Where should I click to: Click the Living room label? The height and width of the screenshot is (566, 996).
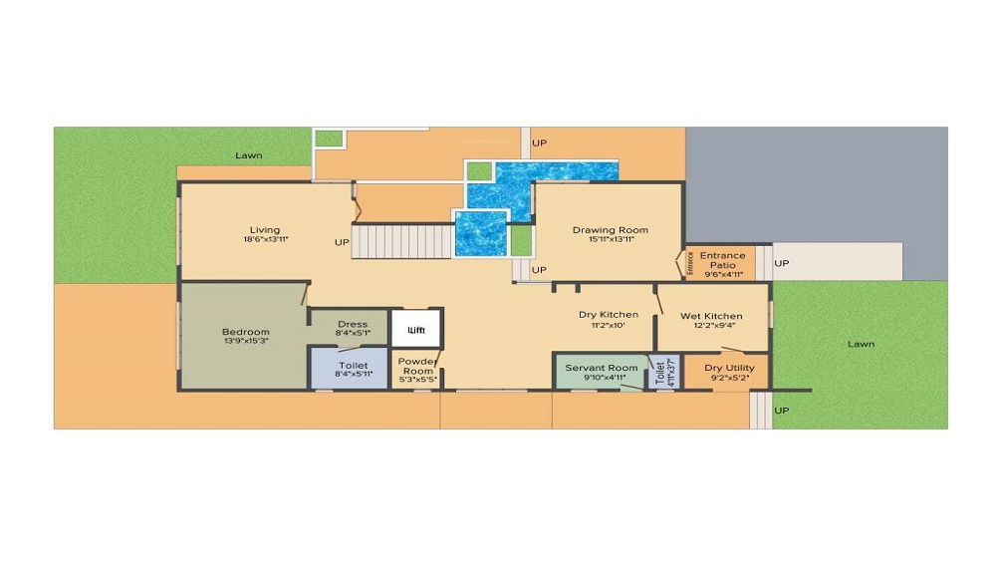[264, 230]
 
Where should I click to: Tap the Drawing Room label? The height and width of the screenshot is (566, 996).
[610, 230]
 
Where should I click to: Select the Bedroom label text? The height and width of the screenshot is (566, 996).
[245, 332]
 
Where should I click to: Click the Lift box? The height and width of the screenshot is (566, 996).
[415, 328]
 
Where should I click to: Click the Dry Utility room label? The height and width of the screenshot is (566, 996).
[729, 368]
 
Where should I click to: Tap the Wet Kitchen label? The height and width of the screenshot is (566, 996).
[711, 316]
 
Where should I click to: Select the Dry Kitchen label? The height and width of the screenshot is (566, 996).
[609, 315]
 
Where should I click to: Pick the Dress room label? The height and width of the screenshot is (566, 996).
[353, 324]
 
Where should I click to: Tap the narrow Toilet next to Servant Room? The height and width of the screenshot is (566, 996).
[658, 372]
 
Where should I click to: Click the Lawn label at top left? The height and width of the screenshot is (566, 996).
[248, 155]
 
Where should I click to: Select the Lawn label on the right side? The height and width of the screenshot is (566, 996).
[861, 344]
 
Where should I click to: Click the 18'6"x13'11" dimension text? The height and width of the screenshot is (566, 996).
[264, 240]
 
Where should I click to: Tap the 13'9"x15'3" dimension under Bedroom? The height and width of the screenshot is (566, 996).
[245, 342]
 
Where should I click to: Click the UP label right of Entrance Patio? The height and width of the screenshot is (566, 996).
[782, 263]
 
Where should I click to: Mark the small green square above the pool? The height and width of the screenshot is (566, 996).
[480, 170]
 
